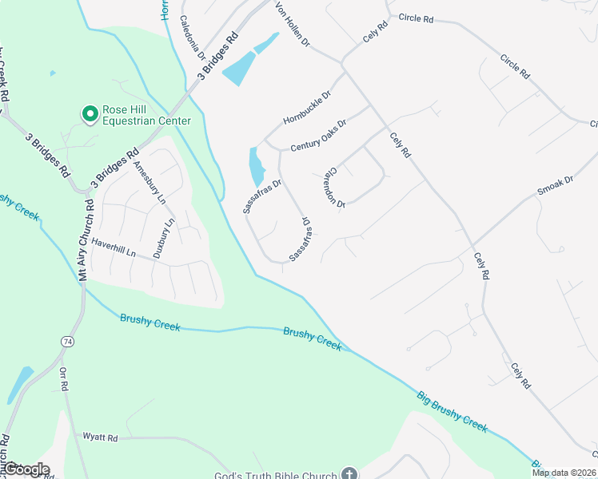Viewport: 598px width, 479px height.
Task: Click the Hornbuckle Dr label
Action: pyautogui.click(x=307, y=108)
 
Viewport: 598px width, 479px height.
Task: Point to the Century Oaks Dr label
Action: pyautogui.click(x=318, y=135)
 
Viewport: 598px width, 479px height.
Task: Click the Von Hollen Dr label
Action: pyautogui.click(x=292, y=24)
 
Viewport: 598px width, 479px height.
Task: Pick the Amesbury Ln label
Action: pyautogui.click(x=149, y=181)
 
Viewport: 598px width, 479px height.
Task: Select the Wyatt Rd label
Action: pyautogui.click(x=100, y=437)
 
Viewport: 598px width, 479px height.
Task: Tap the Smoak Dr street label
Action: pyautogui.click(x=556, y=185)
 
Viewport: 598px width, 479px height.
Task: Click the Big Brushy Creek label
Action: pyautogui.click(x=452, y=411)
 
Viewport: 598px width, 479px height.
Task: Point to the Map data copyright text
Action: pyautogui.click(x=564, y=473)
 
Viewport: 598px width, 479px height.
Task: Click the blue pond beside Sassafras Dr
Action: pyautogui.click(x=257, y=168)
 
